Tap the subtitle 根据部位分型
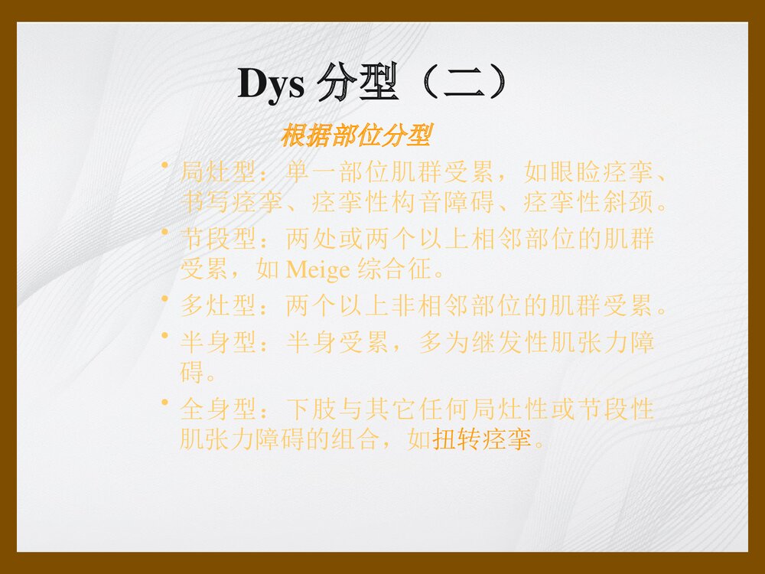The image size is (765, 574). pyautogui.click(x=356, y=137)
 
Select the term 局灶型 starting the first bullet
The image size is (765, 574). pyautogui.click(x=207, y=172)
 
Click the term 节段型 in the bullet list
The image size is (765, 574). pyautogui.click(x=207, y=240)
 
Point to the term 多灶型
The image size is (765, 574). pyautogui.click(x=207, y=306)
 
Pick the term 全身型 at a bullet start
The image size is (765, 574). pyautogui.click(x=207, y=409)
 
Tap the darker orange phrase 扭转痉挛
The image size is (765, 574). pyautogui.click(x=482, y=440)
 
